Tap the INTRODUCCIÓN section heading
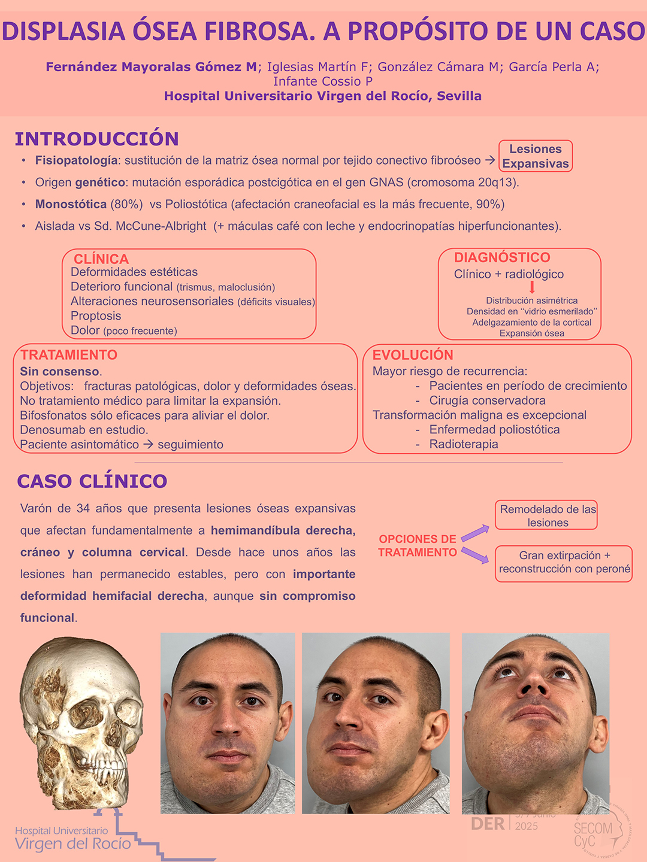97,139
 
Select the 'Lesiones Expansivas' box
536,156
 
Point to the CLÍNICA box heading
101,259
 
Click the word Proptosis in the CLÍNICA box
96,315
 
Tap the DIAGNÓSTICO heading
502,257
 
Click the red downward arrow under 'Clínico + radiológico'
532,287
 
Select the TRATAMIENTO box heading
69,354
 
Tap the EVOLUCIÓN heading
413,354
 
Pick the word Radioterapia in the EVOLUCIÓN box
464,444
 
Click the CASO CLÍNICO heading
92,481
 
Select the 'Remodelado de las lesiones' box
547,515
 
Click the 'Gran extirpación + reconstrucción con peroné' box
564,563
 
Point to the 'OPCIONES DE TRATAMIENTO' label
418,545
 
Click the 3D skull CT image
81,721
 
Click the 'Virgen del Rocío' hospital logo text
73,843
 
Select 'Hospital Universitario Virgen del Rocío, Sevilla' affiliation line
323,96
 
